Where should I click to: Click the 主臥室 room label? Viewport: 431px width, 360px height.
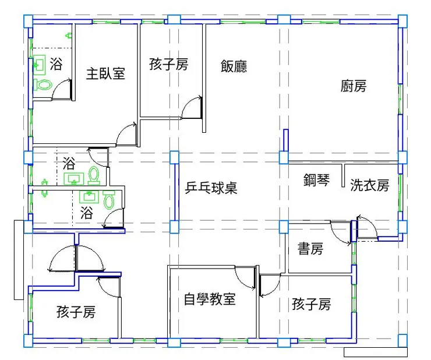click(x=105, y=74)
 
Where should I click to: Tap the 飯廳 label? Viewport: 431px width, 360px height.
click(x=234, y=66)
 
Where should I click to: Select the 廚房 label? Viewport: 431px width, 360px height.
click(x=354, y=86)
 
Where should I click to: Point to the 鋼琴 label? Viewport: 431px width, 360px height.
click(x=316, y=180)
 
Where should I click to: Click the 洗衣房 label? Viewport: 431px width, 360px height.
click(x=370, y=185)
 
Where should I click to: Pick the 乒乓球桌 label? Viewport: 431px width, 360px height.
click(x=211, y=188)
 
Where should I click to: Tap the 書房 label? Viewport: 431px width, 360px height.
click(x=310, y=249)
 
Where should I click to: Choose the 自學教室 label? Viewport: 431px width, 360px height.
click(x=210, y=299)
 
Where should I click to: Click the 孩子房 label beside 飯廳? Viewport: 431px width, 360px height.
click(x=169, y=64)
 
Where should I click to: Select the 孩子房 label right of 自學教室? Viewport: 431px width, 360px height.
click(x=311, y=304)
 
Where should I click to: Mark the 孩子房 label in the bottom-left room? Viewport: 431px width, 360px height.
click(x=76, y=312)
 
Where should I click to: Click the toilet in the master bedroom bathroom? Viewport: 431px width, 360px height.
click(x=43, y=84)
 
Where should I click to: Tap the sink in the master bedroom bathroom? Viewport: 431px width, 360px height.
click(x=39, y=65)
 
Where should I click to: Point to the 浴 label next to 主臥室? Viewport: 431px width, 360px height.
click(x=56, y=64)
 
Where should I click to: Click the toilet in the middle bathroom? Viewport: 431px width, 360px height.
click(x=94, y=175)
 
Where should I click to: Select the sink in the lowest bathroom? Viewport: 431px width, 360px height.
click(x=89, y=196)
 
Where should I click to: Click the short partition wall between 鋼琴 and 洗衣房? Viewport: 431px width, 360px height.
click(x=343, y=175)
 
